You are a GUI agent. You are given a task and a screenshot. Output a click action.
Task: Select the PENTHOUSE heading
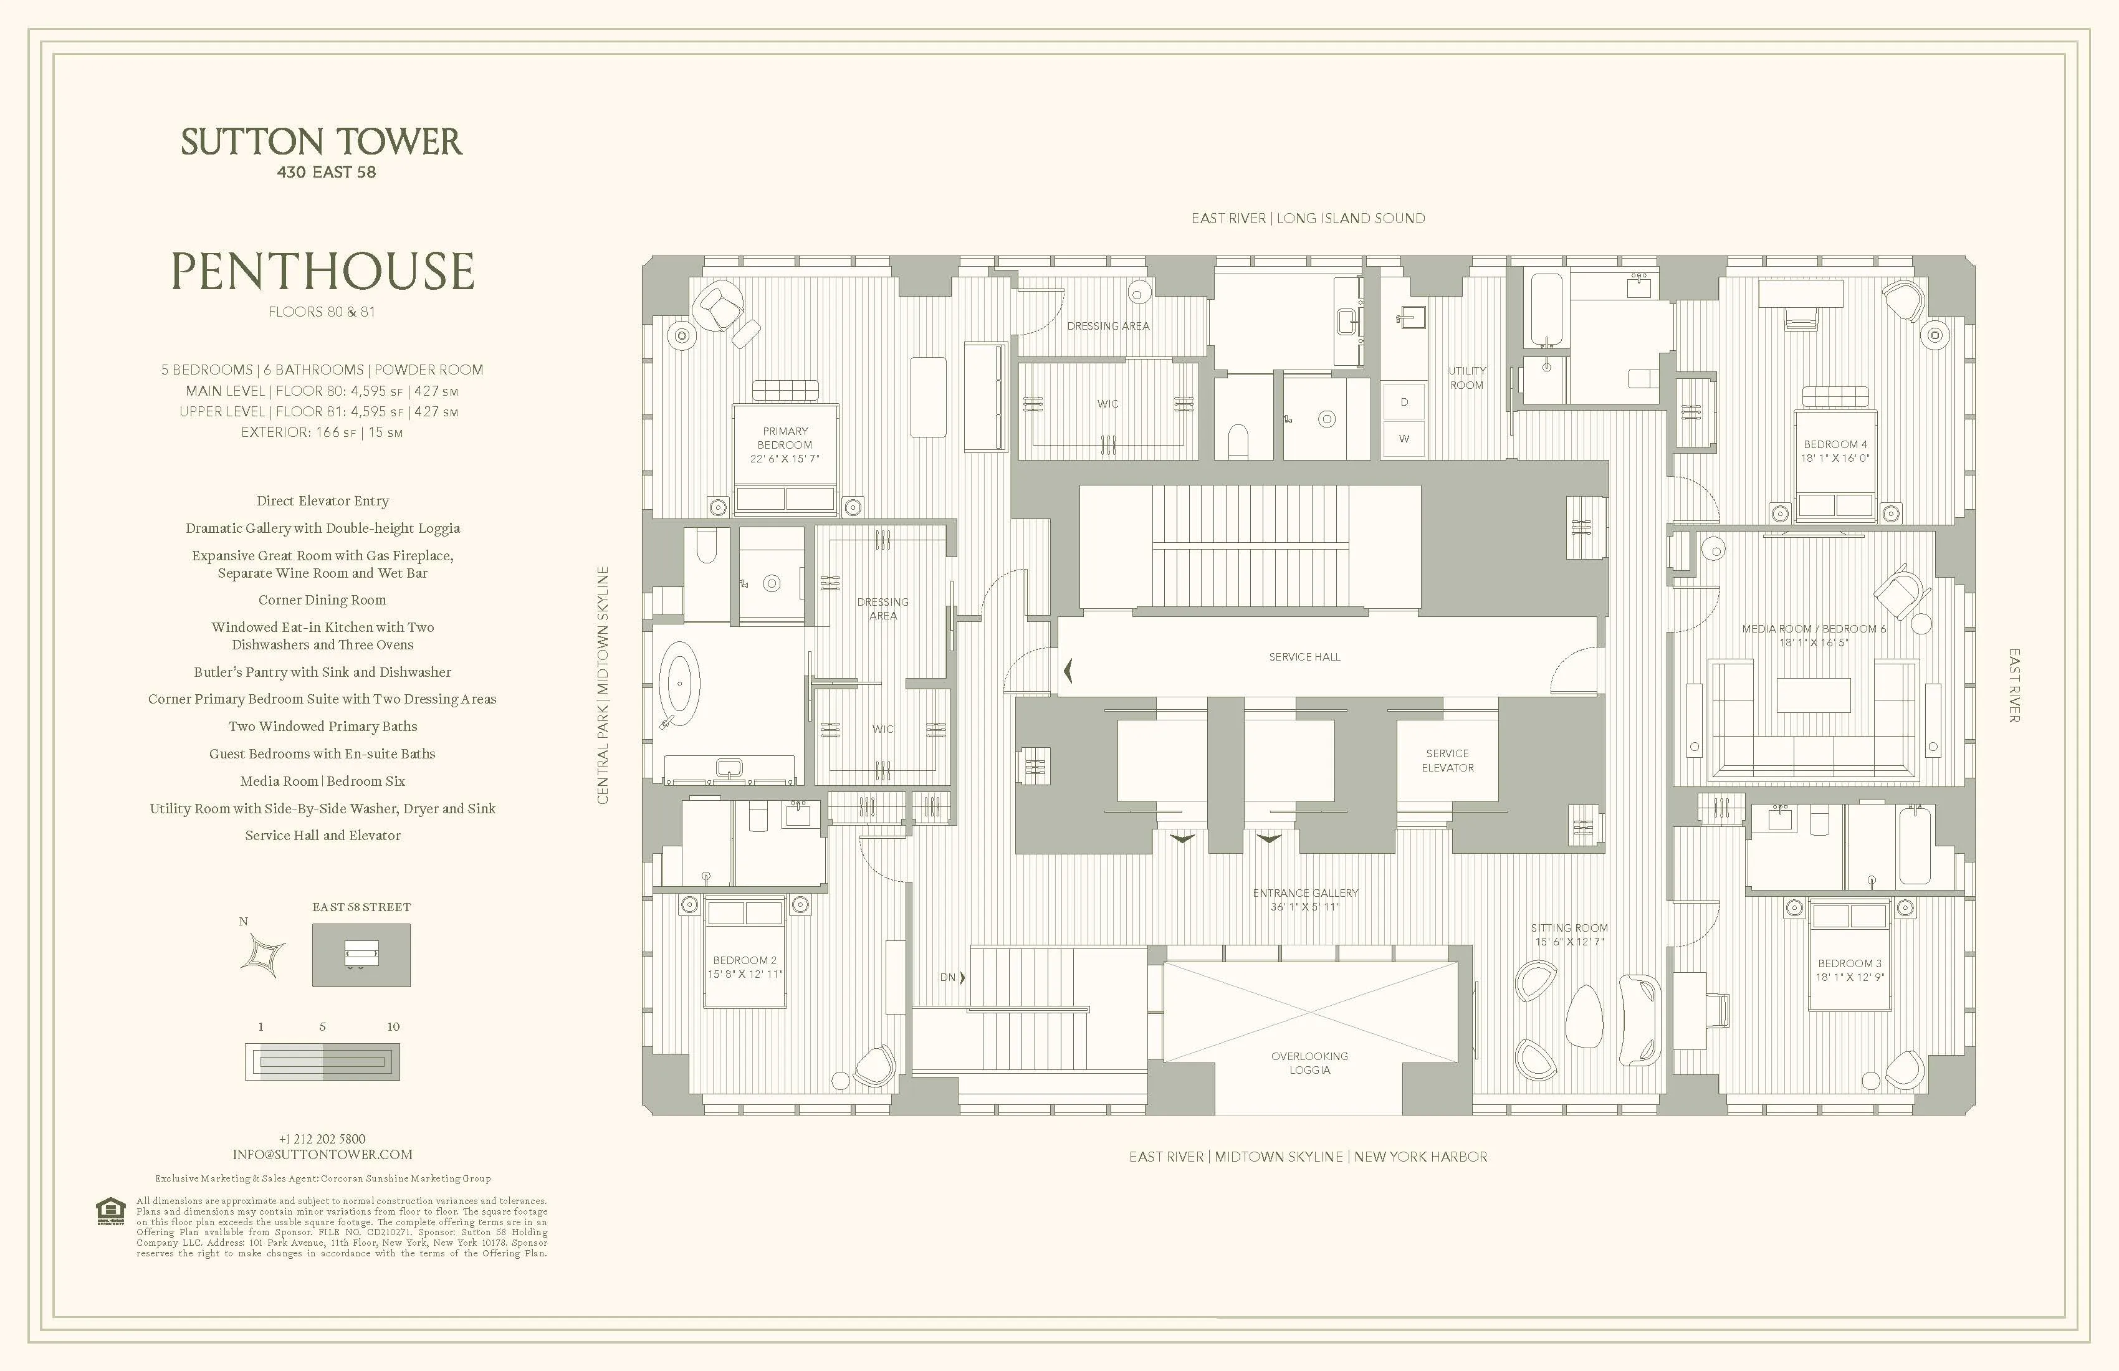(x=322, y=272)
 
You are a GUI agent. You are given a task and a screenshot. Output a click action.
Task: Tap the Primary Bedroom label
(x=785, y=438)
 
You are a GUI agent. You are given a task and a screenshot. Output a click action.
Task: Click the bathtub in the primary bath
(x=680, y=684)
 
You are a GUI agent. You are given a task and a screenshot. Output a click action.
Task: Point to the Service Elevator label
(x=1447, y=760)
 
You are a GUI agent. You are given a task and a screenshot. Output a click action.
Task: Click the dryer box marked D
(x=1404, y=403)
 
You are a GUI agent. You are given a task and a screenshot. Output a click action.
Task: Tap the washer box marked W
(x=1404, y=439)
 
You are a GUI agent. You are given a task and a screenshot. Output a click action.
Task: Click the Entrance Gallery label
(x=1305, y=893)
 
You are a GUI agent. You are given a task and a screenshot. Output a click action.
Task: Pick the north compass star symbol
(x=264, y=955)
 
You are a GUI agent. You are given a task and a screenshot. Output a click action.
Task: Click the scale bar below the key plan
(x=322, y=1061)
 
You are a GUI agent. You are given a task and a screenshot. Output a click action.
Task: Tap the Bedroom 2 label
(x=744, y=960)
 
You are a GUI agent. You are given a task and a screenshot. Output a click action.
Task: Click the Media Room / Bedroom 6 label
(x=1814, y=629)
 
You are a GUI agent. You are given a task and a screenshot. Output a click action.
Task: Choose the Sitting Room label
(x=1569, y=928)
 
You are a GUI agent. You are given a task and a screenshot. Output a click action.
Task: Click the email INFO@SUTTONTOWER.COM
(x=322, y=1155)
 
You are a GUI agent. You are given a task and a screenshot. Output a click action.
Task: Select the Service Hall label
(x=1304, y=657)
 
